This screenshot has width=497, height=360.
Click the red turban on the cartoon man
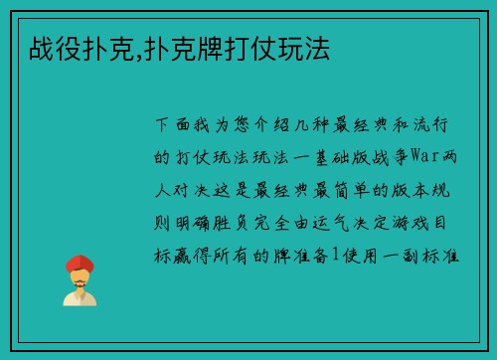click(80, 263)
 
